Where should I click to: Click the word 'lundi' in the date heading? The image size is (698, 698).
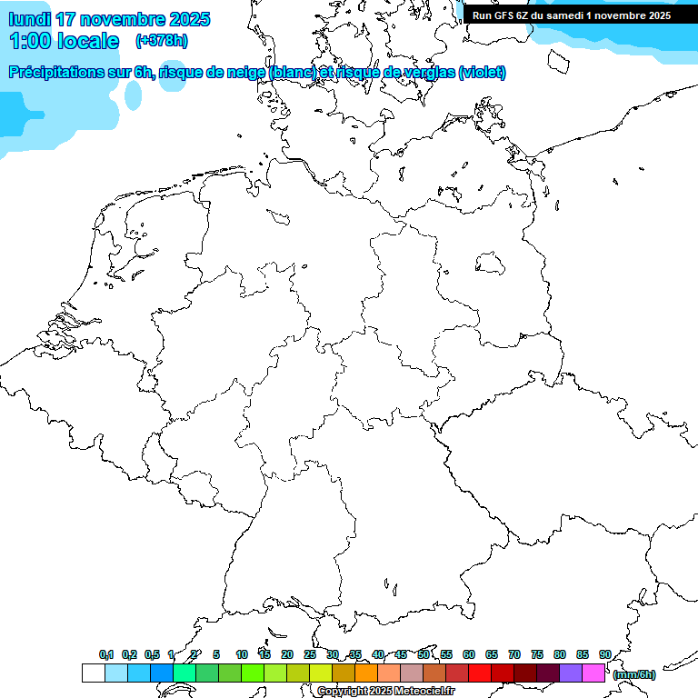click(x=29, y=19)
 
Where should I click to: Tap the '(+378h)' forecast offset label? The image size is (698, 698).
click(x=162, y=41)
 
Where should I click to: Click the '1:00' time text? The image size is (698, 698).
click(x=29, y=41)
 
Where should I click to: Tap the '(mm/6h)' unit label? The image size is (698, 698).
click(x=633, y=674)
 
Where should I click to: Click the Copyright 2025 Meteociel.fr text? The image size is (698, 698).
click(x=385, y=692)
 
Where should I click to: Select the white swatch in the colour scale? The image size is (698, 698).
click(x=93, y=673)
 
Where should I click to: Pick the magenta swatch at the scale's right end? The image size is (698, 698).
click(x=593, y=673)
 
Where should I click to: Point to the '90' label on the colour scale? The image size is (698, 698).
click(x=604, y=654)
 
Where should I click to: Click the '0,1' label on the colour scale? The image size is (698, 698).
click(x=106, y=654)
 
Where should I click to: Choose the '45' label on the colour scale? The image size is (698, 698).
click(x=401, y=654)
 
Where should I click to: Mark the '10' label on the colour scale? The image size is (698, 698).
click(x=242, y=654)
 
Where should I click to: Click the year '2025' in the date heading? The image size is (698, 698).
click(x=189, y=19)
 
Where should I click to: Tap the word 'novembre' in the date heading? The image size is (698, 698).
click(x=122, y=19)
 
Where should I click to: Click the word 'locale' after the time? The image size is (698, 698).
click(x=88, y=41)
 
